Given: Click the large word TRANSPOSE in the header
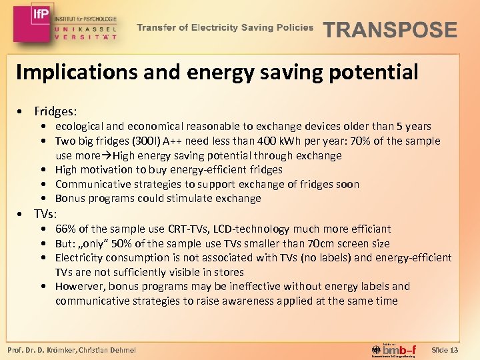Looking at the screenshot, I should pyautogui.click(x=390, y=30).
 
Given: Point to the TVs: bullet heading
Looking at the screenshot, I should pyautogui.click(x=45, y=214).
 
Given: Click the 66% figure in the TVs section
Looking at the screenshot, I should pyautogui.click(x=67, y=229).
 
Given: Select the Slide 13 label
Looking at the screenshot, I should pyautogui.click(x=445, y=349).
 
